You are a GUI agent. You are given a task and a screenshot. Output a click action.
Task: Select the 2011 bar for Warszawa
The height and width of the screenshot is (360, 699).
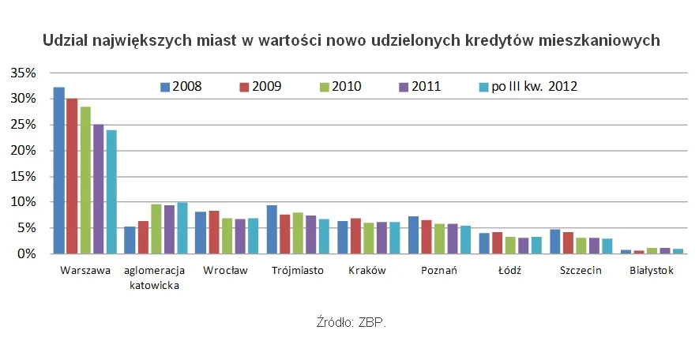pos(97,189)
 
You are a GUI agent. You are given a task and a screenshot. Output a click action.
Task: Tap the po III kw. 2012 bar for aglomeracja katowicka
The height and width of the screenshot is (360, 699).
pos(182,228)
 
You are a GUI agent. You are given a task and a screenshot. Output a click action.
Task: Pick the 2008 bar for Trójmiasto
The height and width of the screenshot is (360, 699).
pos(272,230)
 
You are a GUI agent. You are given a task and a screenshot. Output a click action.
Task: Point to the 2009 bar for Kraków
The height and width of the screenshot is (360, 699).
pos(356,236)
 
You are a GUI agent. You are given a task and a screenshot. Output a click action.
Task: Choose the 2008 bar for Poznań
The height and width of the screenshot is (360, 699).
pos(413,235)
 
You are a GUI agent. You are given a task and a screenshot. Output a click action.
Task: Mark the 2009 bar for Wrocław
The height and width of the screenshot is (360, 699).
pos(213,233)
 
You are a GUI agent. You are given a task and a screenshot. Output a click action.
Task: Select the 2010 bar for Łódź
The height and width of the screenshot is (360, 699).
pos(510,246)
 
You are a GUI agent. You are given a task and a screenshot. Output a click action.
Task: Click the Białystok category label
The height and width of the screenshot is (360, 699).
pos(652,271)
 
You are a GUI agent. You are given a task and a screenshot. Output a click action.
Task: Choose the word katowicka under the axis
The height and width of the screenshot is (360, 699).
pos(154,286)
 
